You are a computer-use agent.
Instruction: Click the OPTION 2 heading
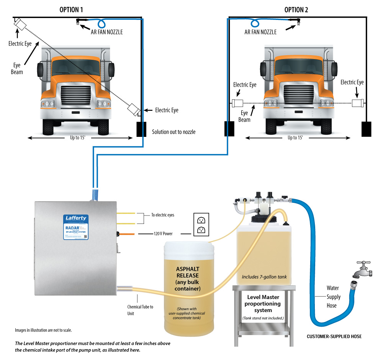point(296,10)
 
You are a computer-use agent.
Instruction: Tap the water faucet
point(363,271)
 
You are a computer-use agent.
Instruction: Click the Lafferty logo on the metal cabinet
point(75,219)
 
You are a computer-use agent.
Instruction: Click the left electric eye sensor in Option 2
point(237,103)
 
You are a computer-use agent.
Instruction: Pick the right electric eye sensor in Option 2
point(358,103)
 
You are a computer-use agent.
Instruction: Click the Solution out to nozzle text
point(173,132)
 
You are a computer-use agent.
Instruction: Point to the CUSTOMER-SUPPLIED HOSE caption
point(334,337)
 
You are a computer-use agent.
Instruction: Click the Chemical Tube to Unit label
point(140,310)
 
